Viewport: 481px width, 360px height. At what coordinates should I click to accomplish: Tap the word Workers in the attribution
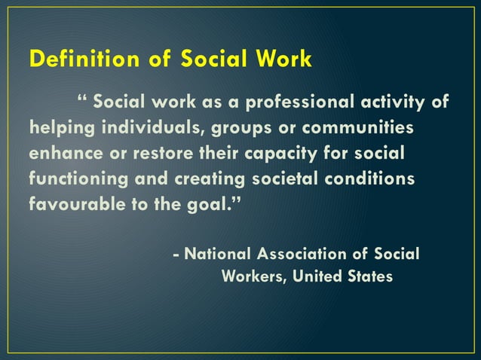pos(253,276)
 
